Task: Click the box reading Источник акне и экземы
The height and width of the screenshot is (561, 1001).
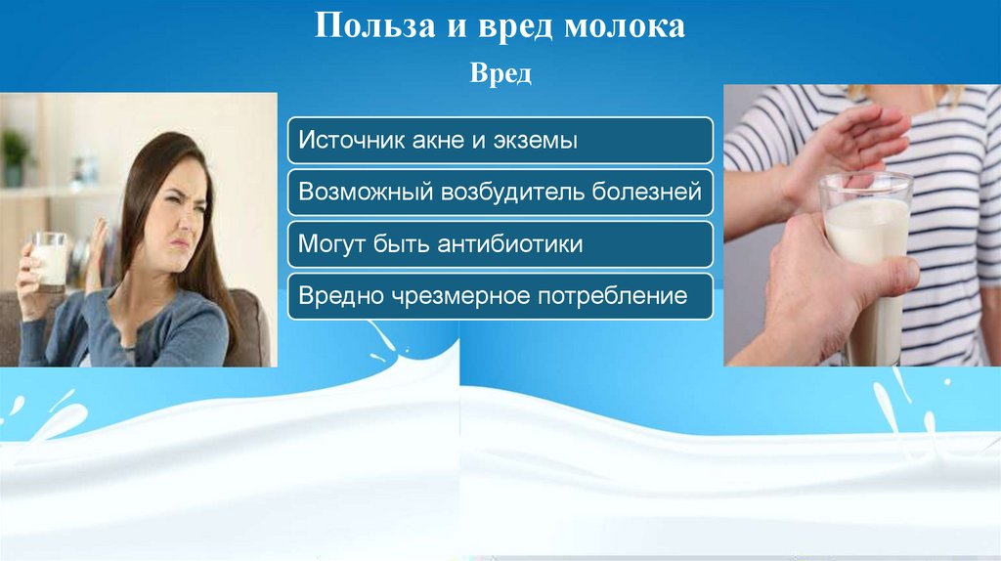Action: (x=500, y=141)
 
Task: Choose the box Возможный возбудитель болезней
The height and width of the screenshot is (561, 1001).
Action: (x=500, y=193)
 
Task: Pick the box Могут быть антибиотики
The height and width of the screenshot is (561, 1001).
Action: (x=500, y=244)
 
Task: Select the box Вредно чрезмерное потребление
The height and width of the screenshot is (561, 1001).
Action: (x=500, y=296)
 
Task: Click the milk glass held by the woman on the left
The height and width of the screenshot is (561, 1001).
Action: (x=50, y=261)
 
